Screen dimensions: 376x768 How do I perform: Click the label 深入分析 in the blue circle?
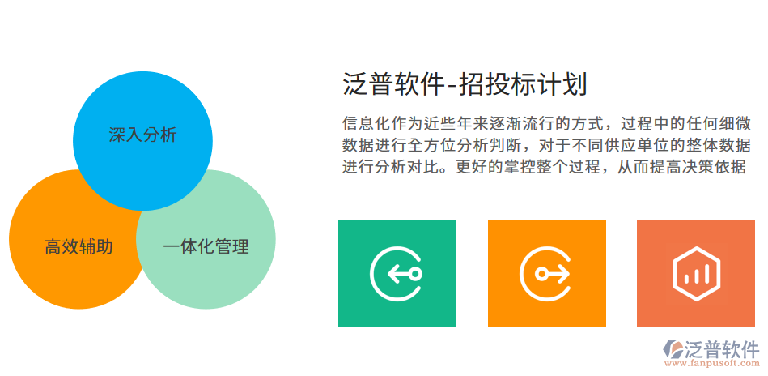tap(142, 135)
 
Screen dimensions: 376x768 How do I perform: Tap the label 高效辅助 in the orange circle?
tap(78, 246)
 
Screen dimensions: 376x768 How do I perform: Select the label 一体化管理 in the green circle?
tap(206, 246)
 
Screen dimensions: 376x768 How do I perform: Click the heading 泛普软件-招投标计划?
tap(465, 84)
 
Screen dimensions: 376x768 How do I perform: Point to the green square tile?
tap(397, 273)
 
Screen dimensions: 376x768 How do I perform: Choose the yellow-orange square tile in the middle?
tap(546, 273)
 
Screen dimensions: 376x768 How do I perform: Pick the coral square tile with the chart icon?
tap(696, 273)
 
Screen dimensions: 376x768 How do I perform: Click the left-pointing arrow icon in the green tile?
tap(397, 273)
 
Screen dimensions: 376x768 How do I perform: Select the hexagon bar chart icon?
tap(696, 273)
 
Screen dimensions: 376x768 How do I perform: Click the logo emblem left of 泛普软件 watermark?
tap(673, 350)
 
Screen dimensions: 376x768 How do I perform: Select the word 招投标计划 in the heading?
tap(523, 84)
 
